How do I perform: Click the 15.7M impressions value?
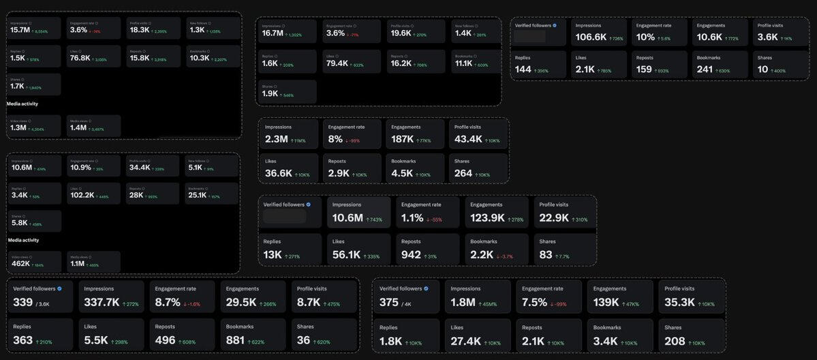click(x=20, y=30)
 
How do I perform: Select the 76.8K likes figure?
click(x=80, y=58)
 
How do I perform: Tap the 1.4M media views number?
click(x=78, y=127)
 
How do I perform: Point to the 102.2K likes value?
click(x=82, y=195)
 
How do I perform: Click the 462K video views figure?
click(x=21, y=263)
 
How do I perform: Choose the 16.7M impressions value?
click(x=273, y=33)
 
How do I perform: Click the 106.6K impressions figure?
click(x=591, y=37)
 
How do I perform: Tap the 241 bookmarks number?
click(x=705, y=69)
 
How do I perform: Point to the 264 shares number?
click(x=463, y=173)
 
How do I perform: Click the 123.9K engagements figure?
click(x=487, y=218)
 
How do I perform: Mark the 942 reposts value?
click(x=411, y=254)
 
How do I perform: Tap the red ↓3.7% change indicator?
click(x=503, y=256)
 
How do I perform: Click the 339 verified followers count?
click(x=22, y=302)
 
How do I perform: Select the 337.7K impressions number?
click(x=102, y=302)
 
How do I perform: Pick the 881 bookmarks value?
click(x=236, y=340)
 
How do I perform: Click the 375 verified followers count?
click(x=389, y=302)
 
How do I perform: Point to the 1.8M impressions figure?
click(x=463, y=302)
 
